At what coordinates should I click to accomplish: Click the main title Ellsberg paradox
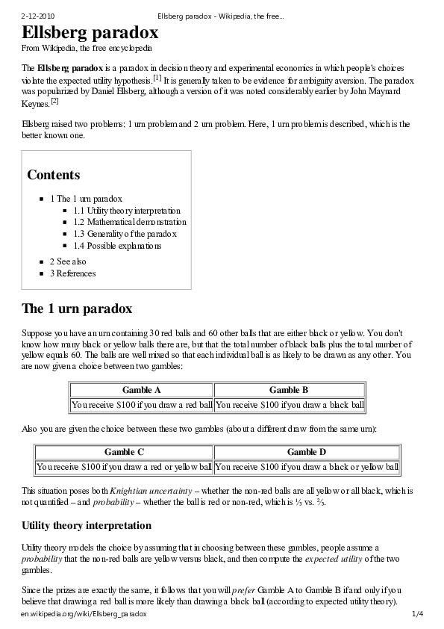[90, 33]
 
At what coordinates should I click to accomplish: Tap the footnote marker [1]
[157, 78]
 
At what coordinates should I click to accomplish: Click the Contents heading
[53, 175]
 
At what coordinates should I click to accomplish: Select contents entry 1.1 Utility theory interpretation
[127, 211]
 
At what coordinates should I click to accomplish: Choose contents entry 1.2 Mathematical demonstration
[130, 222]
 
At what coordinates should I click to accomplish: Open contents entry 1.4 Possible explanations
[117, 246]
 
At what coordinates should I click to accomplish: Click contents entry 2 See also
[68, 261]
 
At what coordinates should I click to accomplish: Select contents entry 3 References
[72, 273]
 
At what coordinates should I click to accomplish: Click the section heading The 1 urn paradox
[77, 309]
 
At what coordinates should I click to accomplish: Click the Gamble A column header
[141, 390]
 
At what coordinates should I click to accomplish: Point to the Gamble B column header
[289, 390]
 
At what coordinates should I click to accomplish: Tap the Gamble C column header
[124, 452]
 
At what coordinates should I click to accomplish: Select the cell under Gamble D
[307, 467]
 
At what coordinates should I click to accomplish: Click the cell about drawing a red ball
[141, 405]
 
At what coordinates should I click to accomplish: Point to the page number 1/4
[417, 614]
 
